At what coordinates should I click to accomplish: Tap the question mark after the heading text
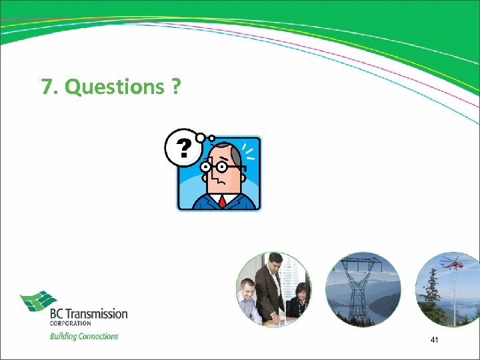175,87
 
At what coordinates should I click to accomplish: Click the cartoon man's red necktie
221,201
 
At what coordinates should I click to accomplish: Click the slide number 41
435,340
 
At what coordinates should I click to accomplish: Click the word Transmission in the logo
97,313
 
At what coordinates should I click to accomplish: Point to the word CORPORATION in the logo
71,323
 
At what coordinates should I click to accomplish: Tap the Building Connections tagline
84,336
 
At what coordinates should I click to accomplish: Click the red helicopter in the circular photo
453,263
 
